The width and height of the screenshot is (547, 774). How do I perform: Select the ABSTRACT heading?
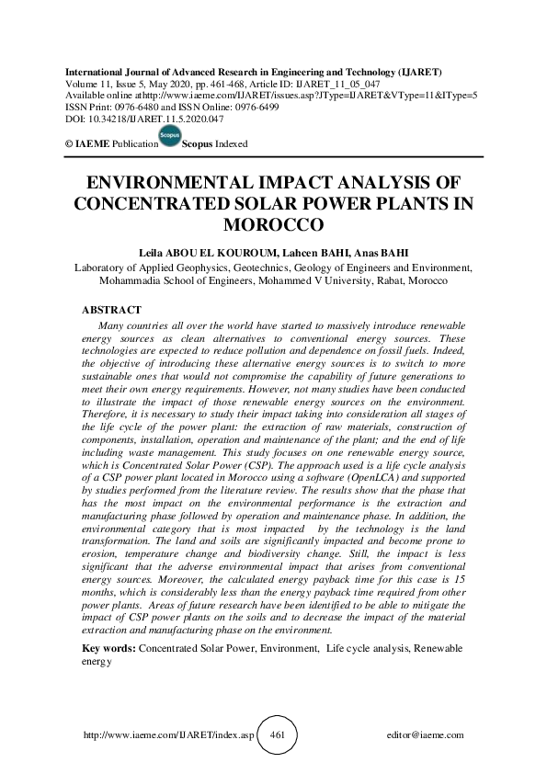click(x=111, y=311)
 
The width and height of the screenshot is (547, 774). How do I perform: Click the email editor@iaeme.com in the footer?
click(x=426, y=735)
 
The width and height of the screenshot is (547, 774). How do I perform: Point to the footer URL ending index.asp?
click(x=168, y=735)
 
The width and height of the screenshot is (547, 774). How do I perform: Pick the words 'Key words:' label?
click(x=108, y=648)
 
